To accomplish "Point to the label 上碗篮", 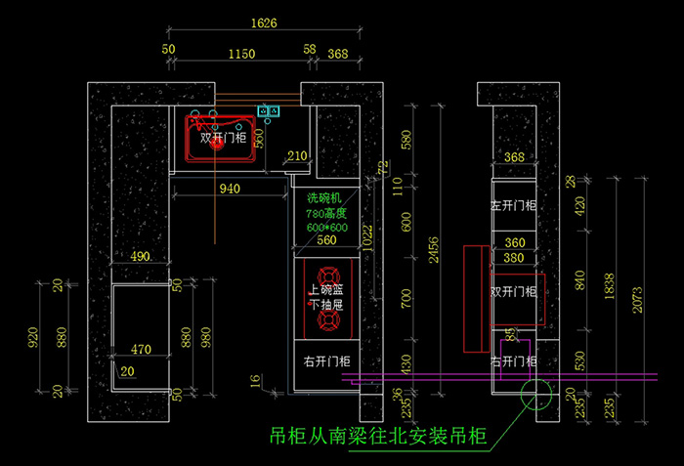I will point(326,289).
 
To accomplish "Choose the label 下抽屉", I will point(326,305).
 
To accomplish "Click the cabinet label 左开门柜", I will point(513,206).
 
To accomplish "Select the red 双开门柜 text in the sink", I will point(224,139).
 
